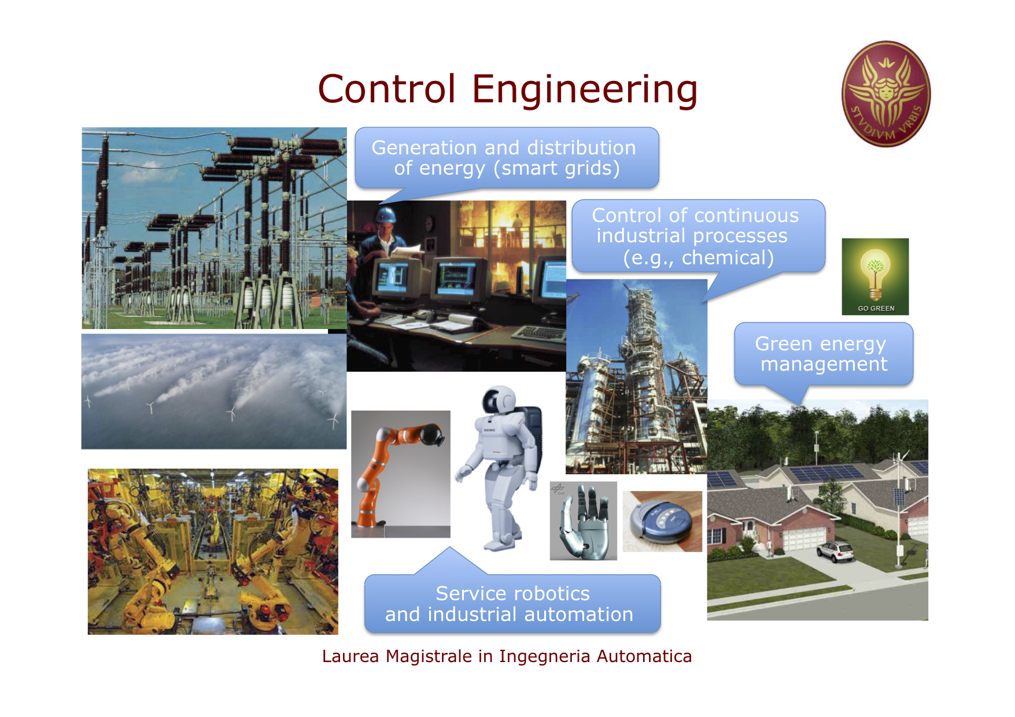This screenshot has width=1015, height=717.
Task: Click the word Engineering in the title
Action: [x=585, y=90]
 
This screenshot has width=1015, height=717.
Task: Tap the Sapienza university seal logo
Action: [x=885, y=94]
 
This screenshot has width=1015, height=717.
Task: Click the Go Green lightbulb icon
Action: [x=875, y=276]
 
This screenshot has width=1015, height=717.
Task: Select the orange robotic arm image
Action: [x=401, y=474]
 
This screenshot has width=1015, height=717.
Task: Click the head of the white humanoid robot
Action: [x=500, y=400]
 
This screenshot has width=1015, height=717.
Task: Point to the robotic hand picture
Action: [x=583, y=521]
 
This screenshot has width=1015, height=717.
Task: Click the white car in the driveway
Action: [x=835, y=551]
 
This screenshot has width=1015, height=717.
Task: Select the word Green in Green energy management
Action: [x=783, y=344]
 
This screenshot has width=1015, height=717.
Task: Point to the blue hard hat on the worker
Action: [x=385, y=215]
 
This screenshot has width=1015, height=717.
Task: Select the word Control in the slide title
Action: [x=387, y=90]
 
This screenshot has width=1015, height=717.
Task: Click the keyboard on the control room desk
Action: [x=537, y=334]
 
